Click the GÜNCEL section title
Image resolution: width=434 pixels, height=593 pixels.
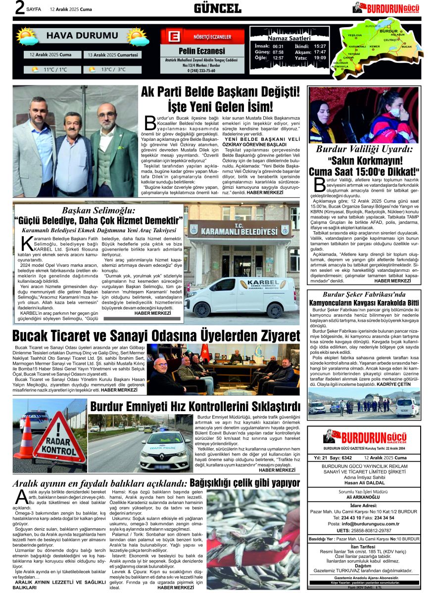coord(217,8)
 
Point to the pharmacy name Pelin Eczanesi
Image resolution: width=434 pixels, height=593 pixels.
coord(201,51)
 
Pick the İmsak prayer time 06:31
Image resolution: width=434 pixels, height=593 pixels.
coord(278,46)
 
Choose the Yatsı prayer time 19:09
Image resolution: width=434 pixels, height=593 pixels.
coord(320,58)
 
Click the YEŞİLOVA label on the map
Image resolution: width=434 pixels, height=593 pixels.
coord(355,36)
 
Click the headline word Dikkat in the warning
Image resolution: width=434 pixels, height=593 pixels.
coord(397,171)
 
